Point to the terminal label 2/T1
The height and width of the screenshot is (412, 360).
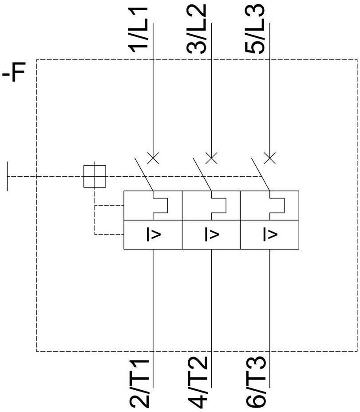pyautogui.click(x=140, y=382)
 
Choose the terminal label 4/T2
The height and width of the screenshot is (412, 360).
pyautogui.click(x=198, y=382)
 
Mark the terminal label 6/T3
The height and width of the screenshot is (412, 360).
pyautogui.click(x=256, y=382)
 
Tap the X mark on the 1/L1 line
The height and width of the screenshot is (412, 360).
pyautogui.click(x=153, y=158)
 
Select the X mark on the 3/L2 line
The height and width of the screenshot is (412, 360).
pyautogui.click(x=212, y=158)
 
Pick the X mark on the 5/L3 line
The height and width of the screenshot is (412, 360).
pyautogui.click(x=270, y=158)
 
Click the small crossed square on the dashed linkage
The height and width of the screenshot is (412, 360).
pyautogui.click(x=95, y=176)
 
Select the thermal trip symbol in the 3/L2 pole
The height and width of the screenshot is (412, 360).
pyautogui.click(x=218, y=206)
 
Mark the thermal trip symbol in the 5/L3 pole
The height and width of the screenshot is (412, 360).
pyautogui.click(x=277, y=206)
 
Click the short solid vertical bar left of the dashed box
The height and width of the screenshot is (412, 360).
pyautogui.click(x=8, y=176)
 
